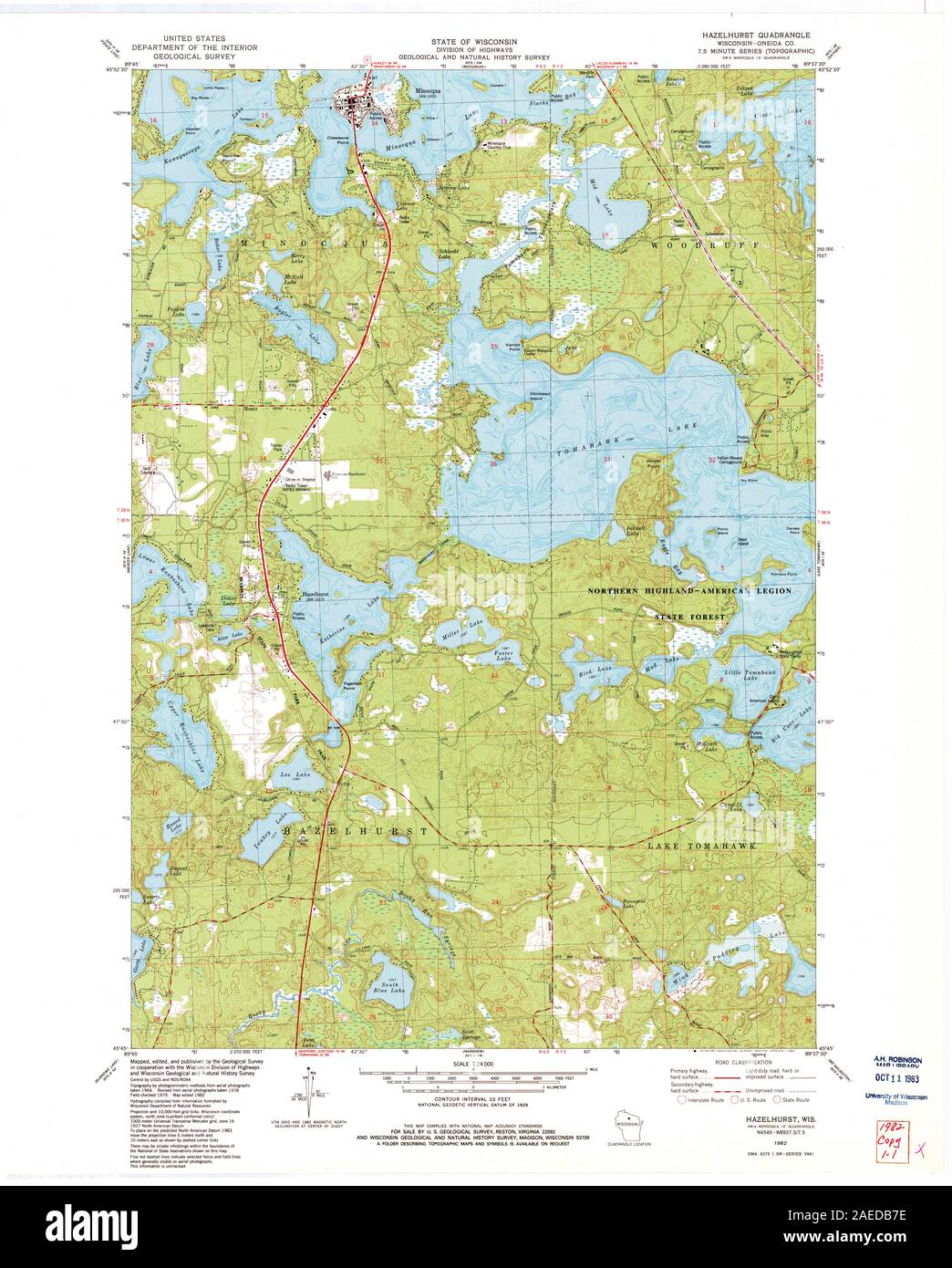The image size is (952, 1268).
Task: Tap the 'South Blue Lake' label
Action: (388, 992)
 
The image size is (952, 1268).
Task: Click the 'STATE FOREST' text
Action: (688, 617)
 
